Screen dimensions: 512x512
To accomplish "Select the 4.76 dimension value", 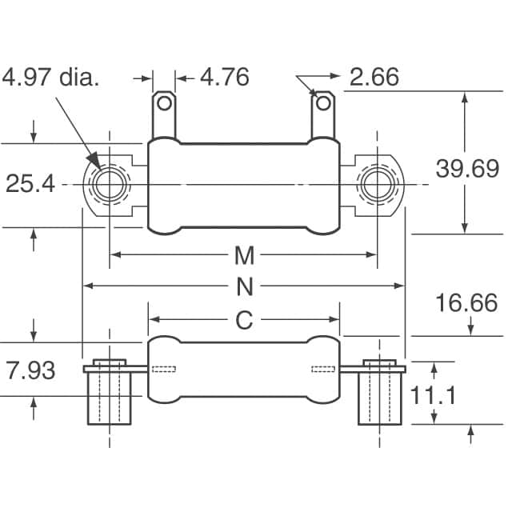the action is [x=225, y=77].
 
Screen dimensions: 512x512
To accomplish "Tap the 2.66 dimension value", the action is [x=374, y=77].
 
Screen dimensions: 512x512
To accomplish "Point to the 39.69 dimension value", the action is [x=467, y=169].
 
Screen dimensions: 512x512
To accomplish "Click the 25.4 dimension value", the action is [x=30, y=183].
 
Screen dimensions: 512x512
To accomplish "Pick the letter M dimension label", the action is [x=244, y=256].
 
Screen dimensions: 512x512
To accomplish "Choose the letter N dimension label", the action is [x=245, y=286].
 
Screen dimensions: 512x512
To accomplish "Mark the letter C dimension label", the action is [x=244, y=320].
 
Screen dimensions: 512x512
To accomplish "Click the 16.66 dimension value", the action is [x=466, y=302].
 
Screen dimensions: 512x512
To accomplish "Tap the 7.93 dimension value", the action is [x=30, y=370].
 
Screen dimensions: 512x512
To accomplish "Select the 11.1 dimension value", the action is [x=432, y=395].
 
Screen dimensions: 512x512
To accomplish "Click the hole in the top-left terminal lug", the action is [x=164, y=103].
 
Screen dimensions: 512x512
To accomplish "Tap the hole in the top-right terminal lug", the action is [x=323, y=103].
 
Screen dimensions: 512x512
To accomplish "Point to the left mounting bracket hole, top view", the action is [x=110, y=185].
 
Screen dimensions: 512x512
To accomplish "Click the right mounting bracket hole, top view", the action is [x=377, y=185].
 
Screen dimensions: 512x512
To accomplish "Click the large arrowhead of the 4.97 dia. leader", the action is [x=94, y=160].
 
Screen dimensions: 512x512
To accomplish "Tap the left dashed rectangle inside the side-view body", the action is [x=164, y=370].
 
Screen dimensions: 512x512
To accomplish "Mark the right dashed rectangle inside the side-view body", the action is [x=323, y=370].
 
